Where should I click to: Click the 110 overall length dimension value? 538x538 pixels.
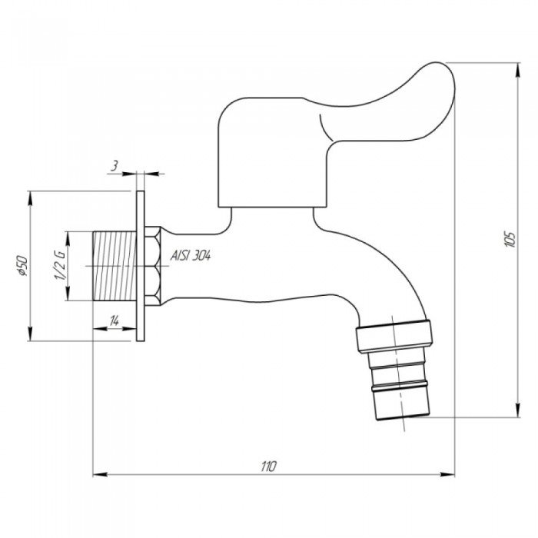[x=267, y=466]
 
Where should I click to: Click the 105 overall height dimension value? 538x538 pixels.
[x=506, y=238]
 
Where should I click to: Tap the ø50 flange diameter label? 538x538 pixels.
[x=23, y=266]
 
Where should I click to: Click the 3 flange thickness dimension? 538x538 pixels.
[x=114, y=165]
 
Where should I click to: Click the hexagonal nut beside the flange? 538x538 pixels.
[x=154, y=266]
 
